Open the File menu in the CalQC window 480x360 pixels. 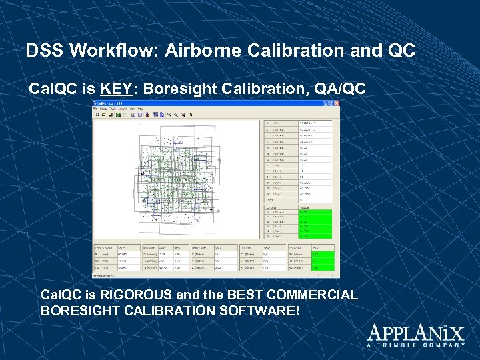click(x=95, y=109)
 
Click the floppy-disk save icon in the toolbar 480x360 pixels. click(x=111, y=115)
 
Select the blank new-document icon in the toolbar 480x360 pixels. click(x=97, y=115)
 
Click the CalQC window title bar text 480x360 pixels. click(x=107, y=103)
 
